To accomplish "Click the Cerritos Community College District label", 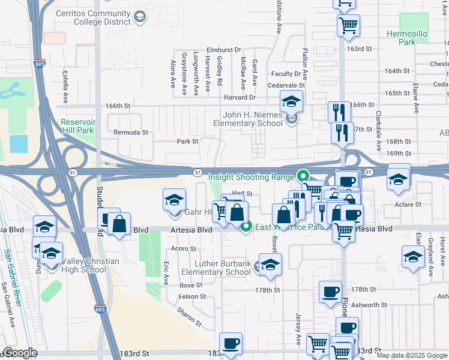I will pyautogui.click(x=93, y=17).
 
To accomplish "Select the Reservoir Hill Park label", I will pyautogui.click(x=78, y=125).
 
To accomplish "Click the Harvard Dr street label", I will pyautogui.click(x=240, y=97).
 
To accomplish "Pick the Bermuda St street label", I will pyautogui.click(x=130, y=131).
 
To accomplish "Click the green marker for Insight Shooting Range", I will pyautogui.click(x=303, y=176).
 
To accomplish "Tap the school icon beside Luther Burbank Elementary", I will pyautogui.click(x=270, y=265).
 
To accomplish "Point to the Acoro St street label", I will pyautogui.click(x=184, y=248).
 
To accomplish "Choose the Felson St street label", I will pyautogui.click(x=193, y=296).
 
